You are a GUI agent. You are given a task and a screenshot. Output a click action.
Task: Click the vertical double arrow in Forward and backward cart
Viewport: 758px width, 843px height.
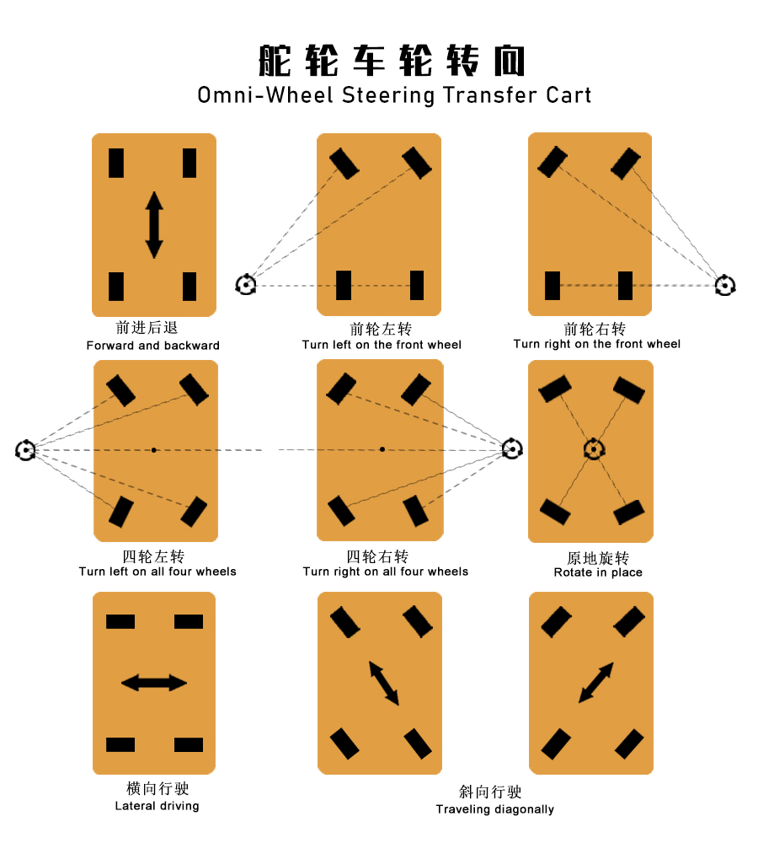[154, 225]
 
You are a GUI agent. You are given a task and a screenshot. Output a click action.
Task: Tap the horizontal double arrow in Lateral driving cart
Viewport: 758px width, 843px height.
[154, 683]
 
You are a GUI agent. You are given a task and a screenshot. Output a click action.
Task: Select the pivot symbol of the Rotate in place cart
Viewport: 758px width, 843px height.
[594, 449]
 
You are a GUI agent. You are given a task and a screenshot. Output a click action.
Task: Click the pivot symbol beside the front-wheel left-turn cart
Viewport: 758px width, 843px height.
[246, 284]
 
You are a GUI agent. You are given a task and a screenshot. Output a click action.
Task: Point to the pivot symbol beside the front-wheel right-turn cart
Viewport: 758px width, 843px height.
[725, 285]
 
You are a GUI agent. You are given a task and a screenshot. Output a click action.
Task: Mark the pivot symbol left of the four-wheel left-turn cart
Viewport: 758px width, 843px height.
[25, 450]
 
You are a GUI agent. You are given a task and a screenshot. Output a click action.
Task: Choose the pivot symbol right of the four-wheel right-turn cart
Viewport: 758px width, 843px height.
[512, 448]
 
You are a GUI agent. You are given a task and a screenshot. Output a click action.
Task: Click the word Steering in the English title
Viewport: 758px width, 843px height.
[388, 96]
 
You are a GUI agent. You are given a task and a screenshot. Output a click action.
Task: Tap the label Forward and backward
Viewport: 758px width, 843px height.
[153, 345]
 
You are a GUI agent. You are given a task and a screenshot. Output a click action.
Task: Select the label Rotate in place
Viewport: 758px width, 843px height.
[598, 572]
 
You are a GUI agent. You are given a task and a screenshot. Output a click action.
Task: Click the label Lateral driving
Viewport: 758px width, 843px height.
[157, 805]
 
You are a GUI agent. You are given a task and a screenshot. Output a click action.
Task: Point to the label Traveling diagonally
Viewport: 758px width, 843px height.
[494, 809]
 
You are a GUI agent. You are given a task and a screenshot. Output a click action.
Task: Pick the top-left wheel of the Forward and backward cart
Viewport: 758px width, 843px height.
[116, 163]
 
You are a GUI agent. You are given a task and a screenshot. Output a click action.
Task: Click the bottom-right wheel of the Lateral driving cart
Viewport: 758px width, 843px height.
[189, 744]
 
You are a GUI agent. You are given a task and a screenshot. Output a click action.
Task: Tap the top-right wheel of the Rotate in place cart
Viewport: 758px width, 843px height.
[628, 389]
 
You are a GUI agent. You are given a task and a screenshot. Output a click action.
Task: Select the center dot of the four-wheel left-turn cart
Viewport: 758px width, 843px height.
[153, 450]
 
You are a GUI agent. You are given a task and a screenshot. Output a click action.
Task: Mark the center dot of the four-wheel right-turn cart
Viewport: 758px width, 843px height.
[382, 449]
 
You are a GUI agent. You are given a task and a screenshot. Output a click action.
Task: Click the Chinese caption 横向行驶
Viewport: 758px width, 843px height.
[157, 788]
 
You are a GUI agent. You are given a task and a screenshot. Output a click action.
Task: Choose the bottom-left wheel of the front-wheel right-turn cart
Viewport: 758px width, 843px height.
[552, 286]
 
